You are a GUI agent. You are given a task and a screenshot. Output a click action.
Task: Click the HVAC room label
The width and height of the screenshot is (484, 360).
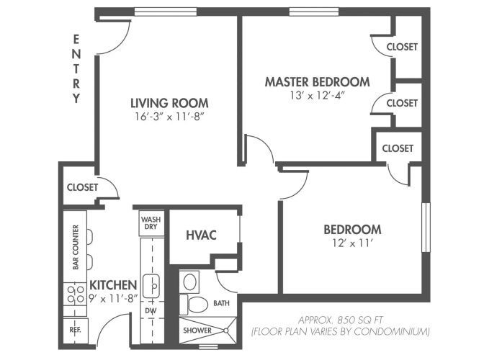point(201,235)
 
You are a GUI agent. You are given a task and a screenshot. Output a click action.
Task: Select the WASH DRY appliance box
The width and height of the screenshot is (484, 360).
point(151,223)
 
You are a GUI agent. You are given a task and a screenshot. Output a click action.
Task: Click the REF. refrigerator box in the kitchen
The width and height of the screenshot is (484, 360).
point(76,330)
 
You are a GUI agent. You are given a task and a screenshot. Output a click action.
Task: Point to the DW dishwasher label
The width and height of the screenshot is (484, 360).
point(151,310)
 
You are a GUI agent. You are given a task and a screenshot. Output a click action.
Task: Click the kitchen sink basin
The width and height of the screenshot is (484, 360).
point(151,286)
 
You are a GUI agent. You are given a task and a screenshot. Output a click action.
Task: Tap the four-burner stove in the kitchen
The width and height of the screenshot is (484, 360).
point(75,294)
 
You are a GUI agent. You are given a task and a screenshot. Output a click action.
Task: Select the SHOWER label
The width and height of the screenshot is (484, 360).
point(197,330)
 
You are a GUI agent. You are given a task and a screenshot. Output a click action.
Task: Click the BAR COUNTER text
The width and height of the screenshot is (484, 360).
point(76,247)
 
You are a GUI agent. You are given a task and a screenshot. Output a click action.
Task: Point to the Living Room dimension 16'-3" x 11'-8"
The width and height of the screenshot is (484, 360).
point(169,117)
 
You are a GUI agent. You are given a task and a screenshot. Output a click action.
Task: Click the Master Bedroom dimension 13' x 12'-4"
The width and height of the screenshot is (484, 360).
point(317,96)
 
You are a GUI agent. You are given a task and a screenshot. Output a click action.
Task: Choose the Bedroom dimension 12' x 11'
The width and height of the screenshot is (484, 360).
point(352,243)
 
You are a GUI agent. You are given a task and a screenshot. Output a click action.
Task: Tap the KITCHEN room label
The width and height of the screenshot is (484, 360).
point(113,285)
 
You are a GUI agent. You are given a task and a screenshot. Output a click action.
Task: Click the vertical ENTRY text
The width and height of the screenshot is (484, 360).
point(76,69)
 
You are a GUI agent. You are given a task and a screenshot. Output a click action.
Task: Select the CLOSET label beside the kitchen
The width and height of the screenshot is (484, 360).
point(82,187)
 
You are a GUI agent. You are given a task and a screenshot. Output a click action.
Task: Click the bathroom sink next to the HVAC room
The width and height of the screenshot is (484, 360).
point(189,282)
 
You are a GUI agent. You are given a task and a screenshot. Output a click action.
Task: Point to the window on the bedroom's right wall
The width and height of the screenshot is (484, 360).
point(426,228)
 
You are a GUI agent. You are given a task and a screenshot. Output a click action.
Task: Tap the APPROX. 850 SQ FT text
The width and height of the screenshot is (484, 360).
point(341,320)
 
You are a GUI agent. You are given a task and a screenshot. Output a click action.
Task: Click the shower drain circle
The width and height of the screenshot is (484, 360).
point(226,330)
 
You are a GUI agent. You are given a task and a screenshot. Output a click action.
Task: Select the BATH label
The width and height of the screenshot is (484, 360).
point(221,303)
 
